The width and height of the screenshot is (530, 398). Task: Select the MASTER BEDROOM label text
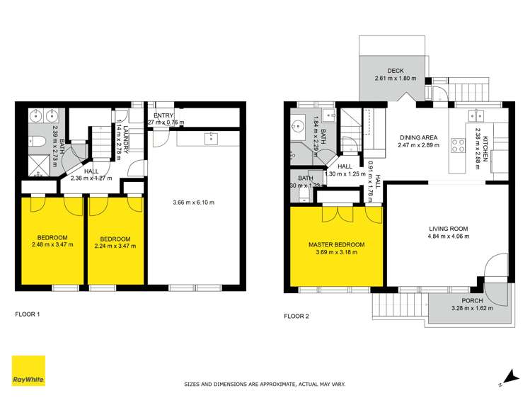point(336,244)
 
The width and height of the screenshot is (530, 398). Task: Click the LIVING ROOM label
point(449,228)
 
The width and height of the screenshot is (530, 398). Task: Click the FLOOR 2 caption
point(296,316)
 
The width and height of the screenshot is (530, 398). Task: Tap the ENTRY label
point(164,115)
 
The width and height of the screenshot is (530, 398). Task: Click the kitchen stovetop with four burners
point(457,147)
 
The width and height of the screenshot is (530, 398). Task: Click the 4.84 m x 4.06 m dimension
point(449,237)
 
